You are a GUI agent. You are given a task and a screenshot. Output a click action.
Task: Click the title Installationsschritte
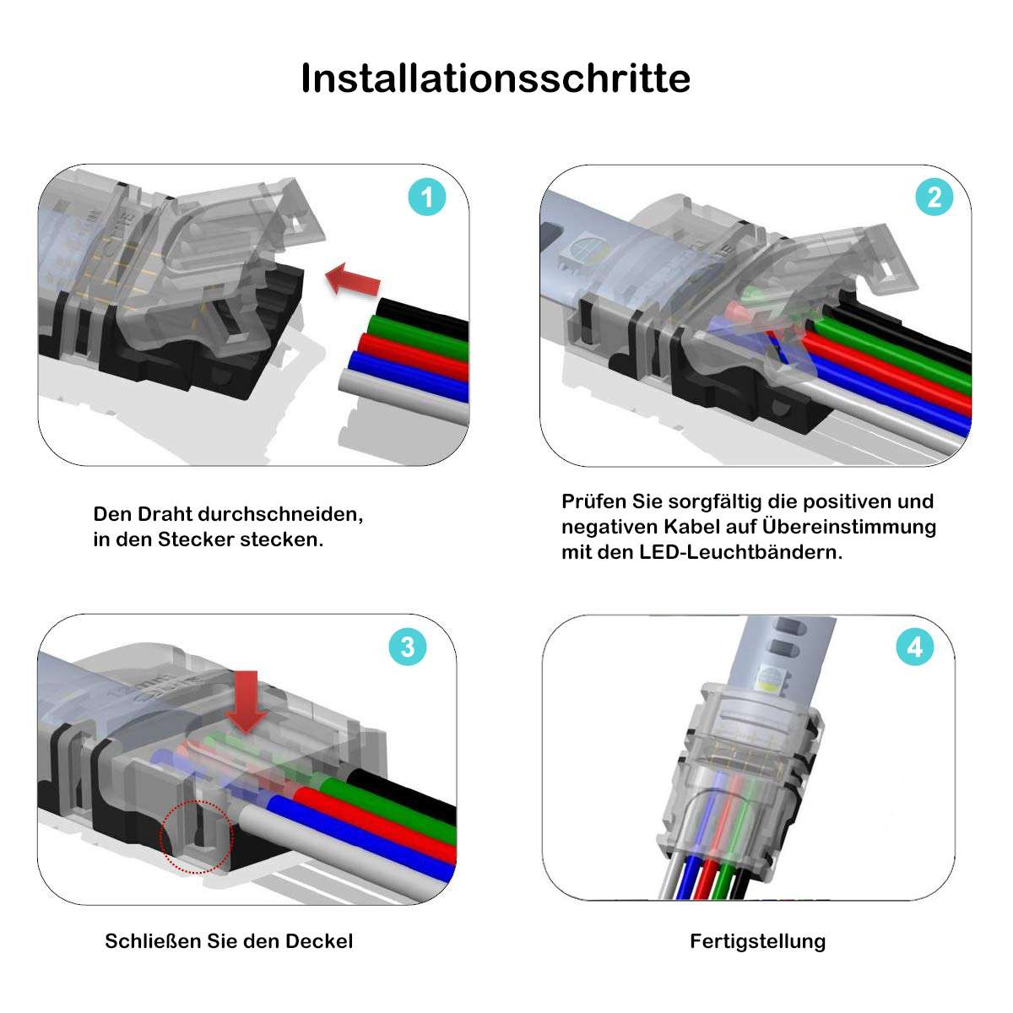tap(496, 79)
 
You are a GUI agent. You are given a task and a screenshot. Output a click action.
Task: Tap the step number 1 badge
tap(427, 198)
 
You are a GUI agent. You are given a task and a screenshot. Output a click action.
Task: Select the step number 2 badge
tap(934, 198)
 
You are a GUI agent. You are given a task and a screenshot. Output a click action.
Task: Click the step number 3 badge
tap(408, 647)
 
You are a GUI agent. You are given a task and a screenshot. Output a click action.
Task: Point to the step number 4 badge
tap(915, 647)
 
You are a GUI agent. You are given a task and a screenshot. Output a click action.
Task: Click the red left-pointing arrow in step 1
tap(352, 279)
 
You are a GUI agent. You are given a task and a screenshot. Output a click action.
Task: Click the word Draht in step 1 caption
tap(165, 514)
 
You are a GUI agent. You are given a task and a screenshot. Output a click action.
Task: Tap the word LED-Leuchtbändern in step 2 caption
tap(740, 552)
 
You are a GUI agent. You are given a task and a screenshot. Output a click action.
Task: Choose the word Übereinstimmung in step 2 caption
tap(849, 527)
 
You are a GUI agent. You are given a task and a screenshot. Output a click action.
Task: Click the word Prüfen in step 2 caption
tap(594, 501)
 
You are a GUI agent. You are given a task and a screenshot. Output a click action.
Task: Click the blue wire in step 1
tap(409, 374)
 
